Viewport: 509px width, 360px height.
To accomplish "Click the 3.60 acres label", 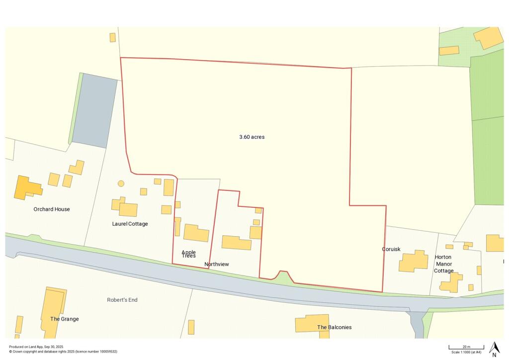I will tap(252, 137).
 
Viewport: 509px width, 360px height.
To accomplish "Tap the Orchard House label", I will tap(52, 209).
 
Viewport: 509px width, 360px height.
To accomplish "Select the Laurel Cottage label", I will tap(130, 224).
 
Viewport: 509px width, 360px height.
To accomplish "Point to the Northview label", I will tap(217, 264).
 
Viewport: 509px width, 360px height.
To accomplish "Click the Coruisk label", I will tap(391, 249).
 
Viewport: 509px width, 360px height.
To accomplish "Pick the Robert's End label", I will tap(122, 300).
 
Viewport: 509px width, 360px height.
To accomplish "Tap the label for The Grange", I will tap(65, 319).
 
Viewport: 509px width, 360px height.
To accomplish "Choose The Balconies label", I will tap(335, 327).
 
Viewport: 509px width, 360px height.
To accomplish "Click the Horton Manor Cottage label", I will tap(443, 264).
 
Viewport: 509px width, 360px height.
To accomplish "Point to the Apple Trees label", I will tap(189, 254).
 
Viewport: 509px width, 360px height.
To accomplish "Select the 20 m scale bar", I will tap(466, 347).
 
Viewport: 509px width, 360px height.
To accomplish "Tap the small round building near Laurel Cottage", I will tap(121, 183).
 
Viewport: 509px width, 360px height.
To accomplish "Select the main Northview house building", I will tap(237, 243).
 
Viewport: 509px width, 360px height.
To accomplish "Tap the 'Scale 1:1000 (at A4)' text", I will tap(466, 352).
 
